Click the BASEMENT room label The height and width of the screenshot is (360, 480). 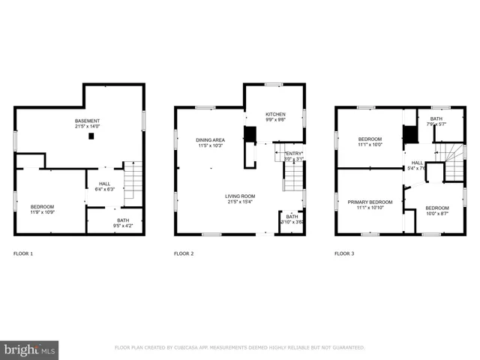87,121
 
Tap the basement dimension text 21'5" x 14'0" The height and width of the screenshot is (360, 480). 87,127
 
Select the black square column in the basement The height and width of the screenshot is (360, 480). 91,136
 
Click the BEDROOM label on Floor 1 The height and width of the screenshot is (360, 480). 42,206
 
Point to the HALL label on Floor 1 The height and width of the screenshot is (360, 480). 104,183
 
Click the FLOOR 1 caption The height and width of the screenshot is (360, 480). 23,254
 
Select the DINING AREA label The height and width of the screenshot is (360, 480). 210,139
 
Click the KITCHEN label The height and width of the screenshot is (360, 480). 275,115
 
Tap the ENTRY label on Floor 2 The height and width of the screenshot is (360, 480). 293,153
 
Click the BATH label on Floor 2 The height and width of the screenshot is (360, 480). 292,217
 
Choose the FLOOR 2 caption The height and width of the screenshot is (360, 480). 184,254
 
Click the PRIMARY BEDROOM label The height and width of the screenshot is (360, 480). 370,202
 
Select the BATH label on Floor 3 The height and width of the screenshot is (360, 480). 436,118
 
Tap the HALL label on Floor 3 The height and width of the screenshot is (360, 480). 417,162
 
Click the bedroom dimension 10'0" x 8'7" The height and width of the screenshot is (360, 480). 437,214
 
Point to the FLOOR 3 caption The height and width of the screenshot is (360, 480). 344,254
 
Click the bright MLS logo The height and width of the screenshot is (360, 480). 30,349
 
